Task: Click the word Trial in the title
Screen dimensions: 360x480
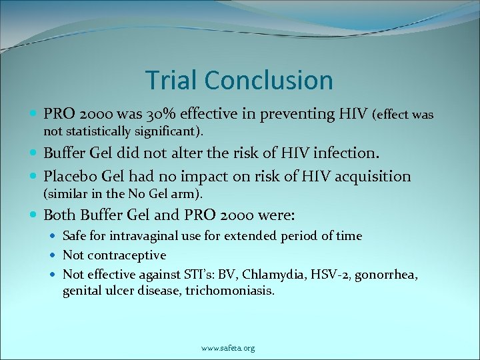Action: [x=172, y=80]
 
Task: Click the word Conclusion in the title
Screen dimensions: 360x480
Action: [x=269, y=80]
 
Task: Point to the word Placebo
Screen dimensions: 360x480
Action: [x=69, y=176]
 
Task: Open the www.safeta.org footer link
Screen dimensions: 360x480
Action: [x=228, y=348]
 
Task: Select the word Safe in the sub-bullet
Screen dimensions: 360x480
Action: [x=74, y=235]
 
